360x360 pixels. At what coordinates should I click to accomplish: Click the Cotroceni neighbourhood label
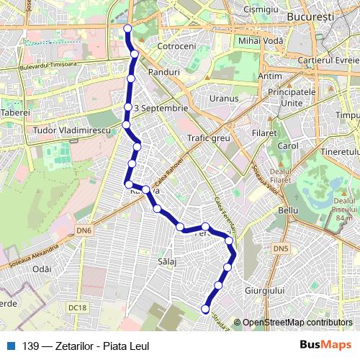(176, 45)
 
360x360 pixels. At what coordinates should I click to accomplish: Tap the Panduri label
(163, 73)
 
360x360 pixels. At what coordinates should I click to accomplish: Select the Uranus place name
(224, 98)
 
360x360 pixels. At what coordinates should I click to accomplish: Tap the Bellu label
(287, 210)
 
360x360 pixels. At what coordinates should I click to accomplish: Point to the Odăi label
(42, 268)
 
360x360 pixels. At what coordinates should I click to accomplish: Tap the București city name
(307, 15)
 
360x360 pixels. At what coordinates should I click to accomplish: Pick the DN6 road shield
(84, 230)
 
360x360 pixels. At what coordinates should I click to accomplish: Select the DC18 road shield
(78, 307)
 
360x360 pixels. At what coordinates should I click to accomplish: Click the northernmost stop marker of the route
(128, 29)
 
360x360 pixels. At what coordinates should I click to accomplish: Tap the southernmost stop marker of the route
(205, 310)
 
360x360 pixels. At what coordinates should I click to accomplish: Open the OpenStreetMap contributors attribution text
(297, 323)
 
